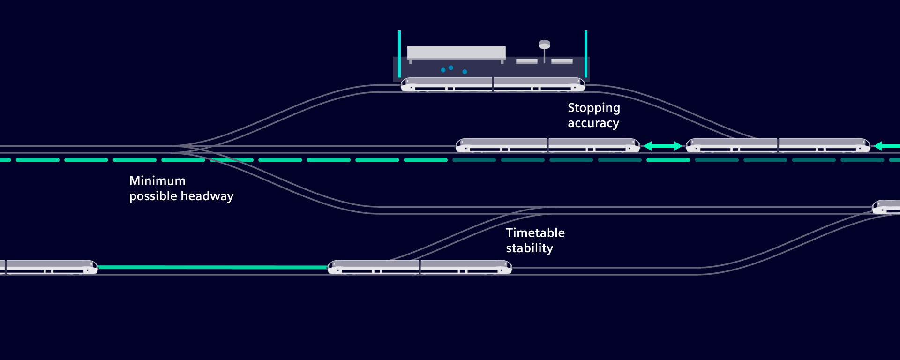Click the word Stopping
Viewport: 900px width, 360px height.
594,108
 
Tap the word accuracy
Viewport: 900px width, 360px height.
593,123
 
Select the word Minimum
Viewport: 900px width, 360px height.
157,181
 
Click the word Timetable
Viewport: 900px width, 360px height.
535,233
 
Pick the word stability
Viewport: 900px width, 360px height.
530,248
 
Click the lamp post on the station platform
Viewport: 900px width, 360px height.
544,51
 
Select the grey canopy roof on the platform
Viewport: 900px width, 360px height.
457,52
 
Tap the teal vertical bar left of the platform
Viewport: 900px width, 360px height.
399,54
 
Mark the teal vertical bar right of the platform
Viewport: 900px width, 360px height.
586,54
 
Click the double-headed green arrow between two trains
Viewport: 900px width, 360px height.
663,146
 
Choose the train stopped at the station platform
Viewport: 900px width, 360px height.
493,84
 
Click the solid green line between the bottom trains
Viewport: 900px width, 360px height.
213,267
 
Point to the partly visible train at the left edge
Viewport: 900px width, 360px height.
49,267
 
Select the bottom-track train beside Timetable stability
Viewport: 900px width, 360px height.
420,267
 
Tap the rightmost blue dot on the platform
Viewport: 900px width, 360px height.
465,72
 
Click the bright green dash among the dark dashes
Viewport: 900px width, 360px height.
668,160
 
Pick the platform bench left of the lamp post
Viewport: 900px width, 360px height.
527,61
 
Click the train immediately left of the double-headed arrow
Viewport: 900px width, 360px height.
548,145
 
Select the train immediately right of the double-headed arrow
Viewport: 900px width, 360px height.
778,145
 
